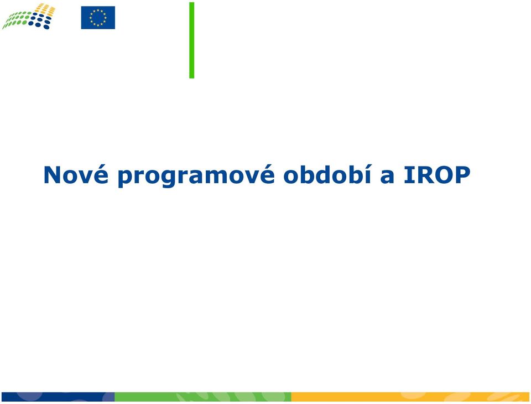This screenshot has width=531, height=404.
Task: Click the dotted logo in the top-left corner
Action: (28, 16)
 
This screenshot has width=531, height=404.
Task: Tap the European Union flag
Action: (98, 18)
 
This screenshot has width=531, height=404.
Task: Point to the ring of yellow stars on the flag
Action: (98, 18)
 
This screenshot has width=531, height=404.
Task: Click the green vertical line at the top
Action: (192, 40)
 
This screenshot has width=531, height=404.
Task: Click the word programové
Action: (196, 175)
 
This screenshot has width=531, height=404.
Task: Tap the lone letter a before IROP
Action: (387, 177)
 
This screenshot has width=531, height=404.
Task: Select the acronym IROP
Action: (437, 175)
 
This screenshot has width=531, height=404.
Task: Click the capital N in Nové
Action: (53, 175)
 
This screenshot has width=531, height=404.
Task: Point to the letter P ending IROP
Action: (462, 175)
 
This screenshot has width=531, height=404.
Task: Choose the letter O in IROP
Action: (442, 175)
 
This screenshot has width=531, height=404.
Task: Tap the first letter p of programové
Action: (126, 179)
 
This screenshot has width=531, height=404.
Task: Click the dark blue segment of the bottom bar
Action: (58, 397)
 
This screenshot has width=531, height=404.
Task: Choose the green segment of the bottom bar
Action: (203, 397)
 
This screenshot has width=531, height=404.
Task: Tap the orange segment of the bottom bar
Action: (410, 397)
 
